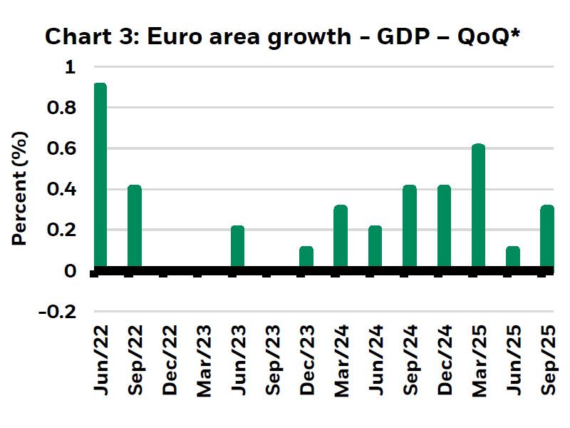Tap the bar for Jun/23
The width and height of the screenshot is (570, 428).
[x=238, y=248]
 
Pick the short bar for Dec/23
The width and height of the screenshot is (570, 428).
[x=306, y=258]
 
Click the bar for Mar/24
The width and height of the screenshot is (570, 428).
[x=341, y=238]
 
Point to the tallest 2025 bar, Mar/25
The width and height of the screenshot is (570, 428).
[x=478, y=207]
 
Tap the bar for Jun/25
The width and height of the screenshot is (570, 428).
[x=513, y=258]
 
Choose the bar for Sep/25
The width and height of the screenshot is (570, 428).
[x=547, y=238]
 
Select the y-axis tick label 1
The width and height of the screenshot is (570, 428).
[x=70, y=68]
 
